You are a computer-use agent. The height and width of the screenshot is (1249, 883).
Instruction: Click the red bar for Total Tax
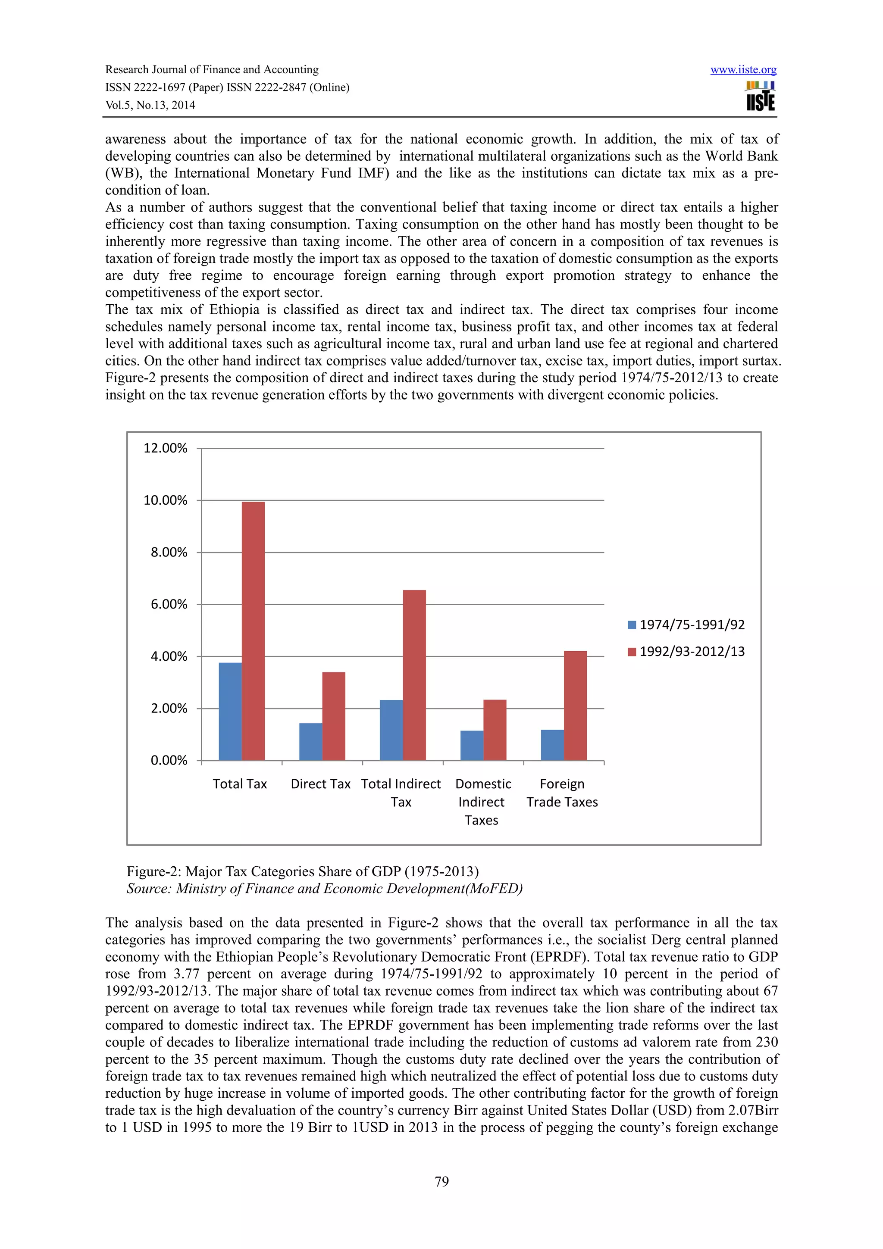click(253, 631)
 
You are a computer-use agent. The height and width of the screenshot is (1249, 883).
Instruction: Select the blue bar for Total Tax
click(230, 711)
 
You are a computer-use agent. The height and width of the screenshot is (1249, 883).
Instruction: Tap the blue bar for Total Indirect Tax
click(391, 730)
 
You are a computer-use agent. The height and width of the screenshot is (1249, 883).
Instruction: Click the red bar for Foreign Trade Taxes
click(575, 706)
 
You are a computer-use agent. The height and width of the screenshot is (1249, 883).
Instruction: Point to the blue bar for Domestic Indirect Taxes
click(472, 745)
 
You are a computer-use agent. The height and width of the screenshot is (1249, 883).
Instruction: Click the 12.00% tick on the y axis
click(166, 448)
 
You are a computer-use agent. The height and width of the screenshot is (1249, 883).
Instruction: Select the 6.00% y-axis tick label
click(169, 604)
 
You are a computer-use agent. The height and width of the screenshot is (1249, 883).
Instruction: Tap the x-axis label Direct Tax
click(320, 784)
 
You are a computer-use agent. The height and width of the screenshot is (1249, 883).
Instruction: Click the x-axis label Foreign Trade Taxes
click(562, 793)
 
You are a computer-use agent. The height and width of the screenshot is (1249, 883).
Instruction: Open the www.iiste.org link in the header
click(743, 70)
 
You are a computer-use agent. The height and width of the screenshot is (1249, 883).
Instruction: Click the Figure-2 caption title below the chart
click(303, 871)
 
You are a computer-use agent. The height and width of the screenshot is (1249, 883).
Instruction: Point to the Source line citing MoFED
click(324, 888)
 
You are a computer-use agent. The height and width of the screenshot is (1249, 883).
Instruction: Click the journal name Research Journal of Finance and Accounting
click(212, 70)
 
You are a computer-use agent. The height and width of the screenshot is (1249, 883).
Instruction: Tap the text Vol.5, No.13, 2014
click(150, 105)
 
